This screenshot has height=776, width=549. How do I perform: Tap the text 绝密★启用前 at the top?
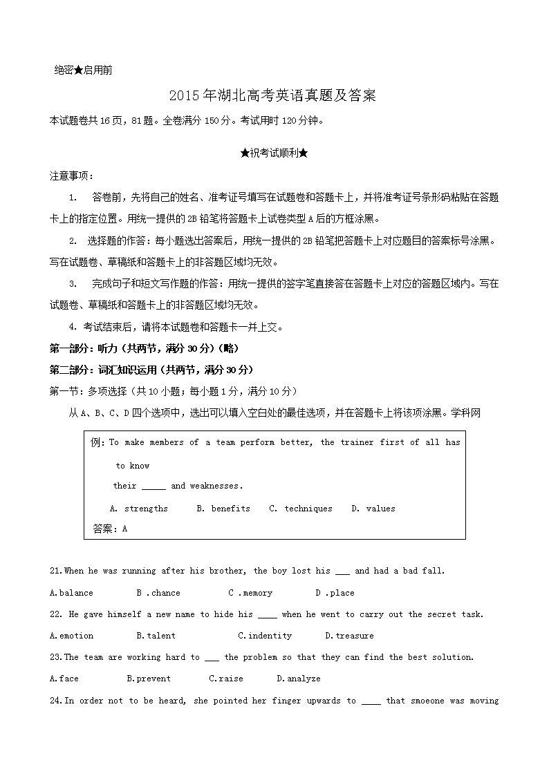(x=83, y=70)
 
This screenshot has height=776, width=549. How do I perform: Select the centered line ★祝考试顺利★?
(x=274, y=153)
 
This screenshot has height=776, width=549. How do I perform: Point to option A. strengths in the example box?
(x=139, y=509)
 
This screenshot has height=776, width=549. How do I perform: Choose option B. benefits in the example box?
(x=223, y=509)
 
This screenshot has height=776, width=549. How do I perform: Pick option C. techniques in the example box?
(x=301, y=509)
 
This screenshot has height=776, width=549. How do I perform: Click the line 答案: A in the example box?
(x=110, y=529)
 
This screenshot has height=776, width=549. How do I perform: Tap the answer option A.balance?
(x=72, y=593)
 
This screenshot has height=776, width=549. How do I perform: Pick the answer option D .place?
(x=335, y=593)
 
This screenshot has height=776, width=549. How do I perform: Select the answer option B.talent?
(x=156, y=636)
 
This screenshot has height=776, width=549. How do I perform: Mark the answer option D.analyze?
(x=299, y=679)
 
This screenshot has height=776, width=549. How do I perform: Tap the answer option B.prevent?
(x=149, y=679)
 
